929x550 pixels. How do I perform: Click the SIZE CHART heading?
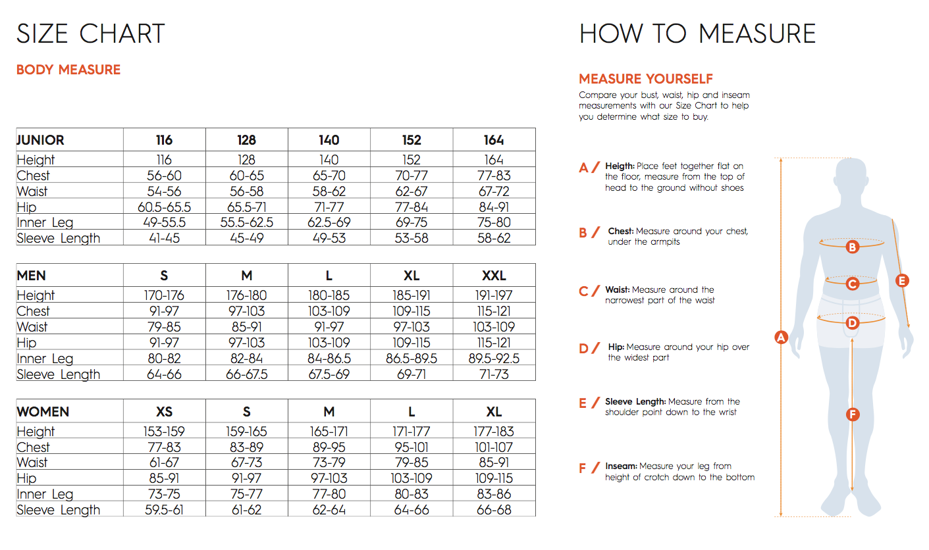click(90, 34)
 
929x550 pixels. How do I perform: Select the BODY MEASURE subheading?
click(68, 70)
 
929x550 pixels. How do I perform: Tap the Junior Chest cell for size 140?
click(329, 176)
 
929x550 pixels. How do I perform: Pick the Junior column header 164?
click(493, 140)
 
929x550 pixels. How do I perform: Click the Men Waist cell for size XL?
click(411, 327)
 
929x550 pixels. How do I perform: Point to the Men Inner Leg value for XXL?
click(493, 359)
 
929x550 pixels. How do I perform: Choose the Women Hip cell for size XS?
click(164, 478)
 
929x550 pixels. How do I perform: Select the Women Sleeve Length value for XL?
click(493, 510)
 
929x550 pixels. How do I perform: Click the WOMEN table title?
click(43, 412)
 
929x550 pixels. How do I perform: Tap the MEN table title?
click(32, 276)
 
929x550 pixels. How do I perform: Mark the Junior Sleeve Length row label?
click(59, 238)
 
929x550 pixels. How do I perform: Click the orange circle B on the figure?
click(852, 247)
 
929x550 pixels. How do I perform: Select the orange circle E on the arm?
click(902, 281)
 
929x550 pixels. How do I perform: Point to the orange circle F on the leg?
click(853, 414)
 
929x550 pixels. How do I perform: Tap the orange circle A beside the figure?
click(781, 337)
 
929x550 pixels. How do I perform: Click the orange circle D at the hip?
click(853, 323)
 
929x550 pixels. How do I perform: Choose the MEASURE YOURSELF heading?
click(646, 79)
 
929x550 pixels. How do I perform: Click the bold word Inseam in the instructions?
click(621, 466)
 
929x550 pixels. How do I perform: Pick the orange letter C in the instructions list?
click(583, 291)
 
